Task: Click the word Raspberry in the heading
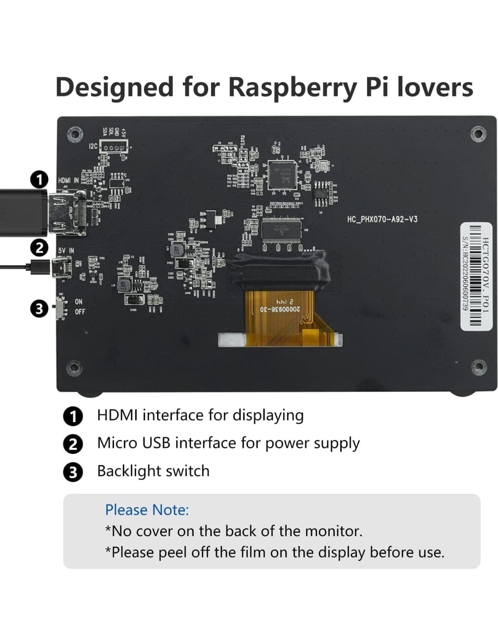tap(292, 87)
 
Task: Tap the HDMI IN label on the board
tap(68, 180)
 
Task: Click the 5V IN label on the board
tap(66, 250)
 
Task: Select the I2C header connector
tap(114, 148)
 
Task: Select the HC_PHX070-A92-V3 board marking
tap(382, 219)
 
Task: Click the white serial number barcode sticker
tap(476, 276)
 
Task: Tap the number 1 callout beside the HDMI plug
tap(39, 179)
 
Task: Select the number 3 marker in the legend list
tap(73, 472)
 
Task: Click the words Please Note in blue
tap(147, 510)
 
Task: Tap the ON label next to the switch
tap(79, 302)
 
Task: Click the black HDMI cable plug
tap(23, 213)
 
